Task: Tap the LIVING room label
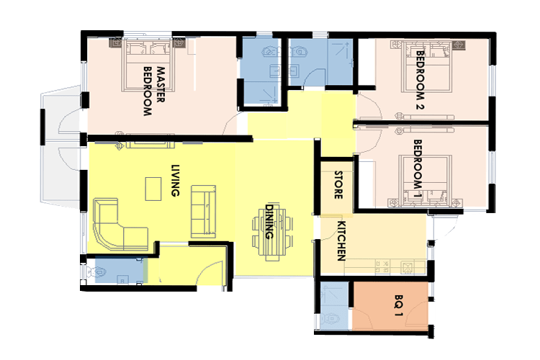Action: pyautogui.click(x=176, y=180)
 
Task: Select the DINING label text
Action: pyautogui.click(x=269, y=222)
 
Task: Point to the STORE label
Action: pyautogui.click(x=338, y=185)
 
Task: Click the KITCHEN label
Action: pyautogui.click(x=341, y=240)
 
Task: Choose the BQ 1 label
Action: pyautogui.click(x=398, y=305)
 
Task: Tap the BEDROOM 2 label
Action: pyautogui.click(x=420, y=80)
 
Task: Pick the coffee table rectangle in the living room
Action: pyautogui.click(x=153, y=189)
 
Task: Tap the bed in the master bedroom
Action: pyautogui.click(x=148, y=66)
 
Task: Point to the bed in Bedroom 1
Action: pyautogui.click(x=426, y=181)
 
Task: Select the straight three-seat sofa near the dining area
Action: pyautogui.click(x=204, y=211)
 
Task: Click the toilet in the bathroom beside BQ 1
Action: pyautogui.click(x=330, y=319)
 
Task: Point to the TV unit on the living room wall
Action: pyautogui.click(x=150, y=145)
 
